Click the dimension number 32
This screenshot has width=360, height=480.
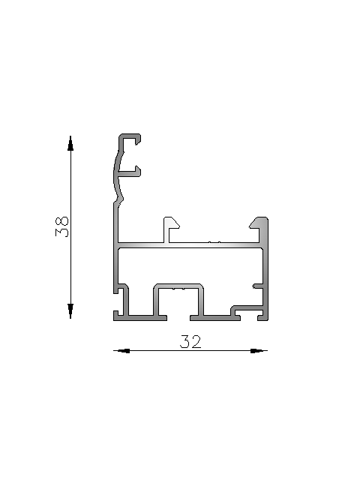(x=190, y=342)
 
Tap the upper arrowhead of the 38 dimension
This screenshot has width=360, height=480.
(x=70, y=143)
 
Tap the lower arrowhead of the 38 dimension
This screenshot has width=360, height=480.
(x=70, y=310)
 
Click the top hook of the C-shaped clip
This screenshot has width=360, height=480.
(x=130, y=138)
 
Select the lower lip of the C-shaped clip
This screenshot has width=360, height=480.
(x=130, y=172)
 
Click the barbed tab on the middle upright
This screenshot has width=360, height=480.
(x=171, y=223)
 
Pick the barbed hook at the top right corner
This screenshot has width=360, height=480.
(x=259, y=223)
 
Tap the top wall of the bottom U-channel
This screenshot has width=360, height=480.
(x=179, y=286)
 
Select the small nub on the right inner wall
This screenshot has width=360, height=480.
(x=257, y=286)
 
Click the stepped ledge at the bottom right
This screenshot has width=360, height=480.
(x=246, y=307)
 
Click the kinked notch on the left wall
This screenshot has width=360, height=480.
(x=118, y=199)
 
